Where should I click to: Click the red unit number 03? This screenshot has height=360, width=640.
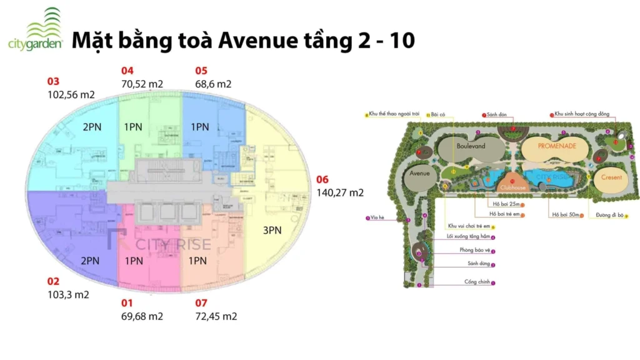click(x=53, y=81)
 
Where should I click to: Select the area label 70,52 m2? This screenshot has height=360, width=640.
click(x=142, y=84)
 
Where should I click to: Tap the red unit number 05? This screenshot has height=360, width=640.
click(x=201, y=71)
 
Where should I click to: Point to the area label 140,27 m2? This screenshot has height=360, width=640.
click(x=340, y=193)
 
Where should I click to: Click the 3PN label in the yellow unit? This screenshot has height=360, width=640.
click(x=272, y=230)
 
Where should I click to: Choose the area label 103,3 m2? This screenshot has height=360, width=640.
click(x=68, y=295)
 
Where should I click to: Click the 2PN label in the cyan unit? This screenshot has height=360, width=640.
click(x=92, y=127)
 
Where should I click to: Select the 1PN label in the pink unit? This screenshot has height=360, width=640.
click(x=133, y=261)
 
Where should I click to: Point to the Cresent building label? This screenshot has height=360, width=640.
click(x=611, y=177)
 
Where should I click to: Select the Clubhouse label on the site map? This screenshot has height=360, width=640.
click(x=512, y=186)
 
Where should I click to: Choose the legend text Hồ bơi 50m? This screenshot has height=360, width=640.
click(x=564, y=215)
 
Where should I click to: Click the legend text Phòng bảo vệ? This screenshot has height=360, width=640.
click(x=473, y=251)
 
